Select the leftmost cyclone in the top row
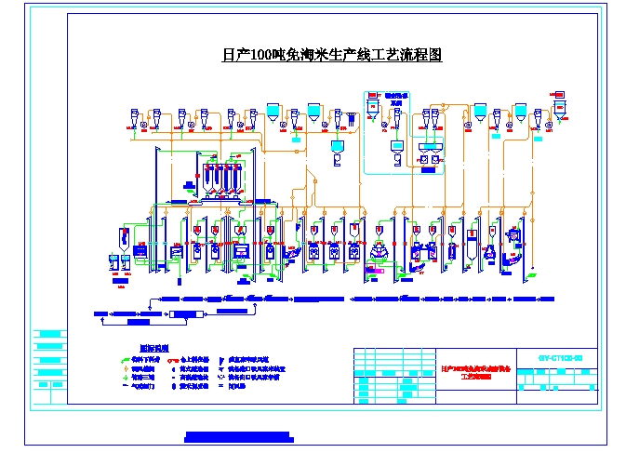tap(134, 118)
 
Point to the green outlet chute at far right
tap(531, 272)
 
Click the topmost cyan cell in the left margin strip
tap(48, 333)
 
